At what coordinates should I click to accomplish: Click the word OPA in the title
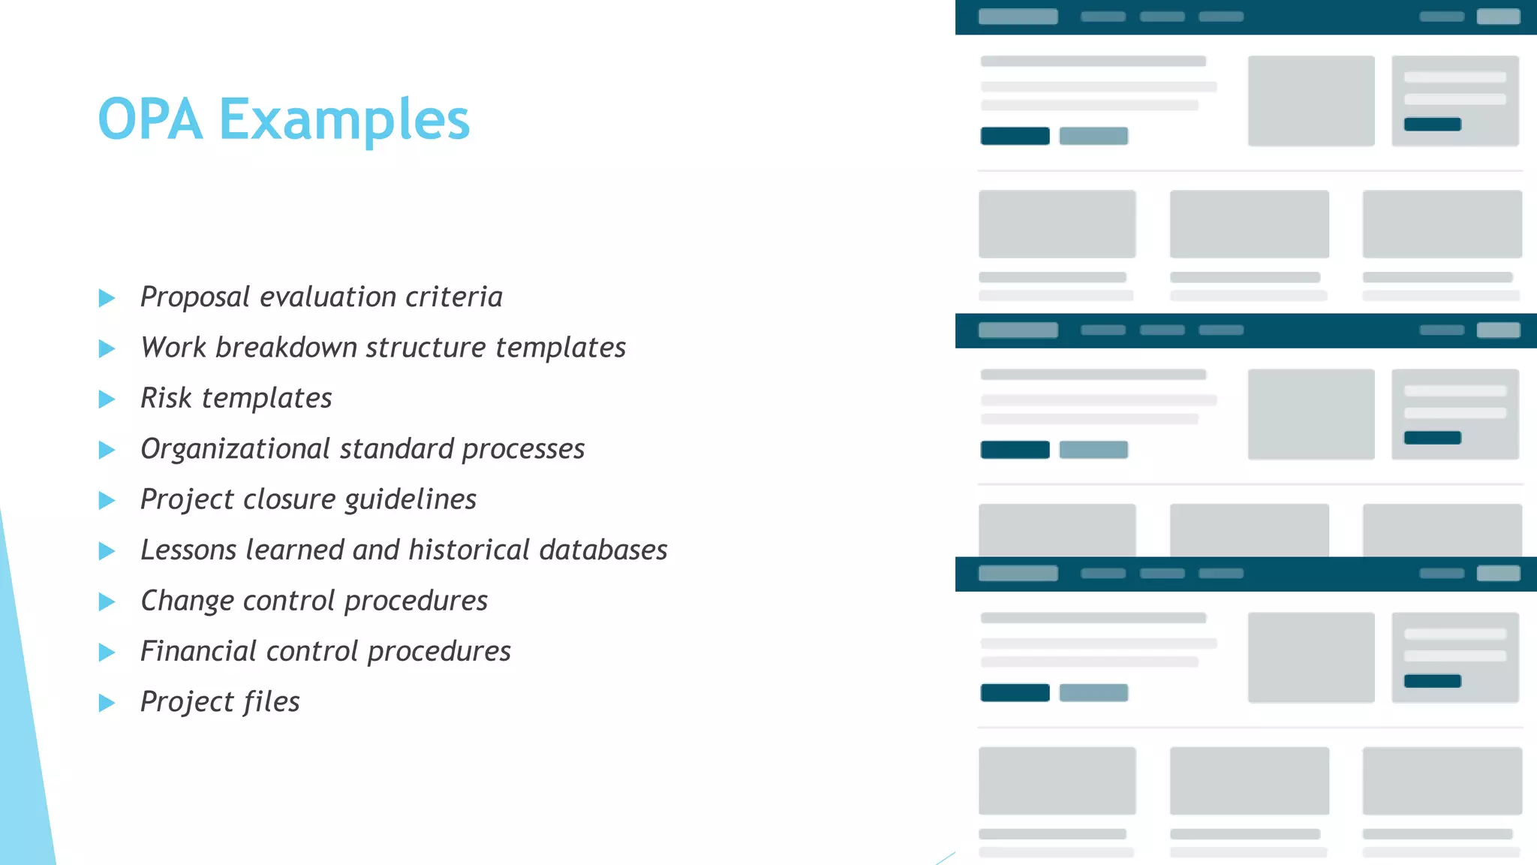(x=150, y=120)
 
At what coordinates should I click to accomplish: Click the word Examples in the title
(x=344, y=120)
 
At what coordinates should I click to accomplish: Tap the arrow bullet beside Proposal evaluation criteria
(x=107, y=298)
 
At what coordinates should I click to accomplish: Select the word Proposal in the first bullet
(x=195, y=297)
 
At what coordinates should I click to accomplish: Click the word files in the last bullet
(x=271, y=701)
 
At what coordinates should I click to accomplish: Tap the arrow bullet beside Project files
(x=107, y=703)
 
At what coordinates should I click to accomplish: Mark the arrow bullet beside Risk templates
(x=107, y=399)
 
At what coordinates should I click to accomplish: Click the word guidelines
(x=411, y=499)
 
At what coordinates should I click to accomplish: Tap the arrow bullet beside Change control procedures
(x=107, y=601)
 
